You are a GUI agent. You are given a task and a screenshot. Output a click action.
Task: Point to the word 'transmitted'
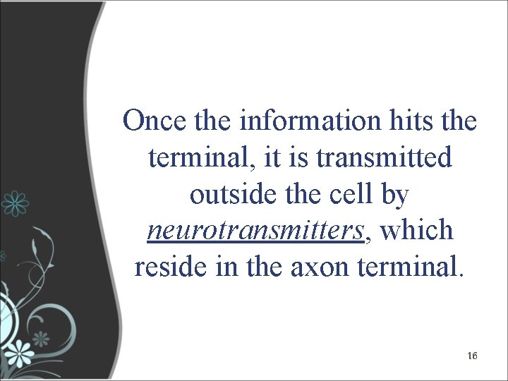[x=385, y=157]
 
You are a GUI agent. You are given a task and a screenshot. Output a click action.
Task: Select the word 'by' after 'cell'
[x=394, y=195]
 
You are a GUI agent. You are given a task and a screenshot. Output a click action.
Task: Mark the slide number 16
[x=472, y=356]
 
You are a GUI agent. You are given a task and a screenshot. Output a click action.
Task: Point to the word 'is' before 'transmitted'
[x=299, y=157]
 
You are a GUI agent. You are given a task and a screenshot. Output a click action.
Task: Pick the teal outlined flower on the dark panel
[x=14, y=203]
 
